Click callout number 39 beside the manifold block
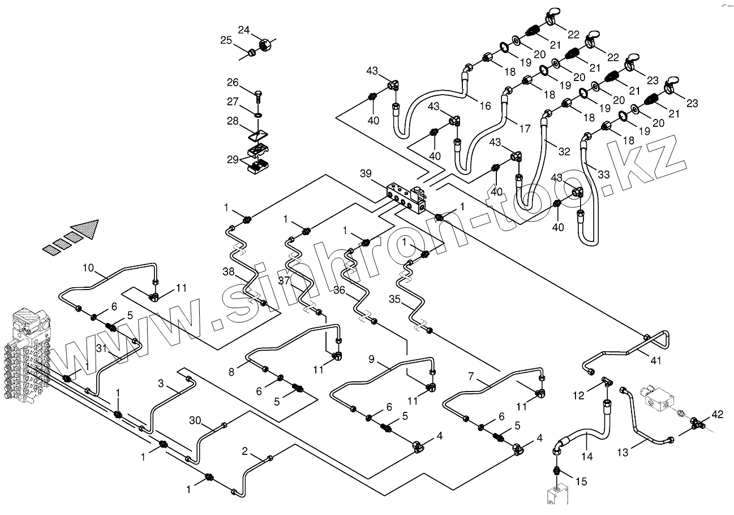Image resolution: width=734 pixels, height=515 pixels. [x=365, y=173]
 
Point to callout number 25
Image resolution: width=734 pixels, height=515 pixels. [x=226, y=40]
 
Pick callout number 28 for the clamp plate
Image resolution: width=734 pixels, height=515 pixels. [x=233, y=122]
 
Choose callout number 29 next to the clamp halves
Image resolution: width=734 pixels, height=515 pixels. [x=233, y=160]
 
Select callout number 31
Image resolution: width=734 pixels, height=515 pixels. [x=102, y=348]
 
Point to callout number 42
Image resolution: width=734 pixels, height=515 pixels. [x=717, y=415]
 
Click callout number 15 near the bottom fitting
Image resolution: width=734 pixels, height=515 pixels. [x=581, y=482]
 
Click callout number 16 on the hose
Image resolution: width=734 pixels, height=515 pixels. [x=485, y=105]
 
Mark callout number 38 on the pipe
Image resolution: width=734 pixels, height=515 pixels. [x=228, y=272]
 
